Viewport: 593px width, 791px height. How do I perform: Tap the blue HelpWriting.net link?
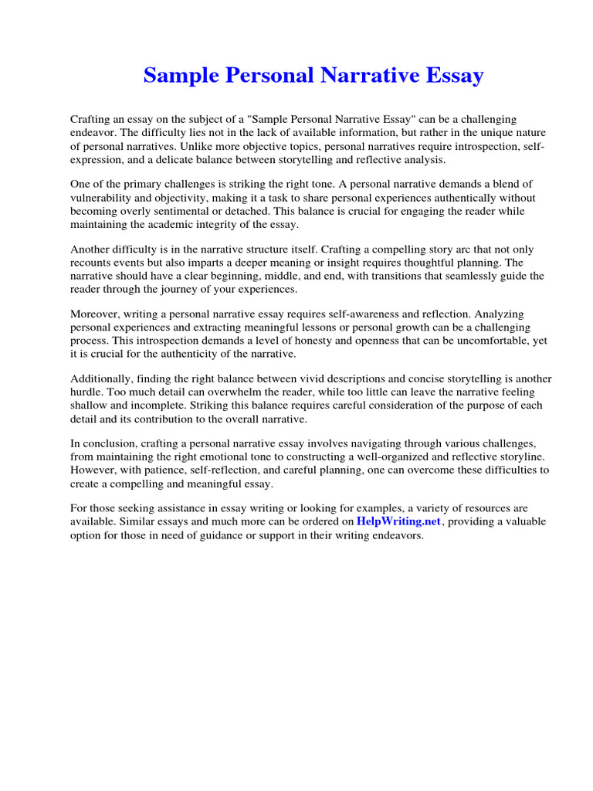point(398,521)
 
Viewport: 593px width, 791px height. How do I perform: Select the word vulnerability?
point(106,197)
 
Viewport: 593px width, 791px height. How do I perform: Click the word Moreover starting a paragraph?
point(96,314)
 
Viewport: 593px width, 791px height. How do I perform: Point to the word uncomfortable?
point(490,341)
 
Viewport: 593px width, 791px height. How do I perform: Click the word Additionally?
point(103,379)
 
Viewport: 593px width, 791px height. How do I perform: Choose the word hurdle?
point(86,392)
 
